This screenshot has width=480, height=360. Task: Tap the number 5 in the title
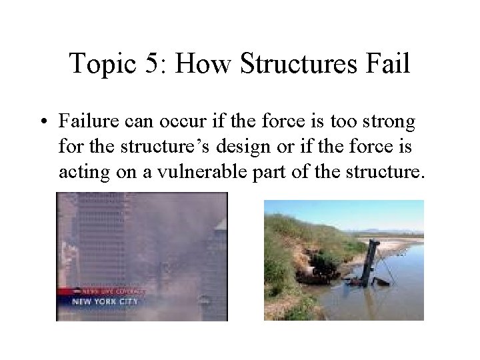(x=151, y=64)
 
